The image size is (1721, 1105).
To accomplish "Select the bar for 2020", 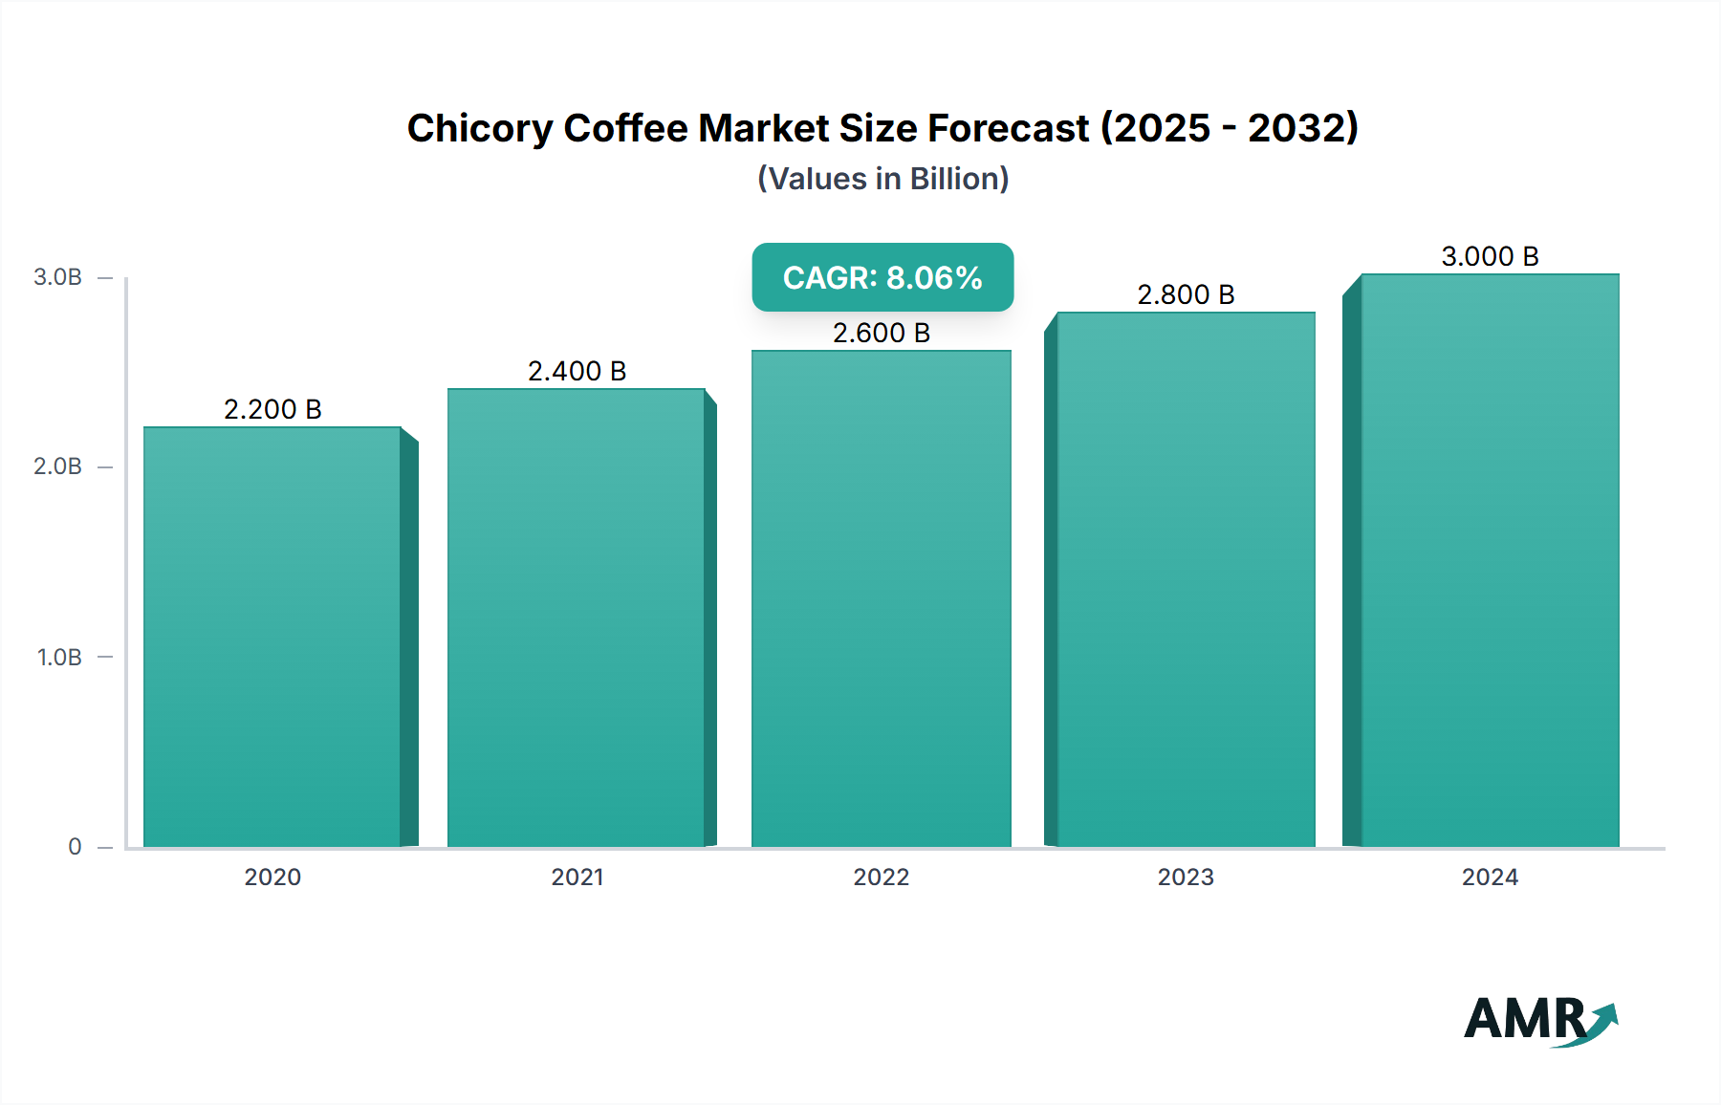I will [272, 636].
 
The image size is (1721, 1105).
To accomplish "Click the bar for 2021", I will [577, 617].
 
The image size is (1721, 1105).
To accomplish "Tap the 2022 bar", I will [881, 597].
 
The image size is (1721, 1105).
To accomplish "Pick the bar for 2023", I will [1186, 578].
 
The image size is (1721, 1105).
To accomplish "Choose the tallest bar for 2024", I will [1490, 559].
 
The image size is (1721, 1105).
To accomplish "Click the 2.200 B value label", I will [272, 409].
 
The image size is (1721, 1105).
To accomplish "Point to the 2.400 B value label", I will [577, 371].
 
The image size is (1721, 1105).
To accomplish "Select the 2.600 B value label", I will [881, 333].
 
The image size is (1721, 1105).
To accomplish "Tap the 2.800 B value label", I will [1186, 294].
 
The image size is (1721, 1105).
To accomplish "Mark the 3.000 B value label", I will [1490, 256].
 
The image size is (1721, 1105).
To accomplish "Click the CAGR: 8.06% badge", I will [882, 277].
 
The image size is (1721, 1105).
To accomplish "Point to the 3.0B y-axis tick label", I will [57, 277].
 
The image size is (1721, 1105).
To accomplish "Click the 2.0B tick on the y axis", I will [57, 466].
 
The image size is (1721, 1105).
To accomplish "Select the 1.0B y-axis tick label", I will [59, 658].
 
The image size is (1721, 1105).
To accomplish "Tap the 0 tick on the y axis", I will [75, 847].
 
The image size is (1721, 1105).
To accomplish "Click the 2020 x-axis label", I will [272, 877].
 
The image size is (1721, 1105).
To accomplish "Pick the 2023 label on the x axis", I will [1186, 877].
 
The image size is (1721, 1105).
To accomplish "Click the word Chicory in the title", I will [479, 128].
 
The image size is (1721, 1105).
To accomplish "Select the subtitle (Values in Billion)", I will [882, 179].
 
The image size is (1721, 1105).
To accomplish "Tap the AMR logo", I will [1539, 1020].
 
